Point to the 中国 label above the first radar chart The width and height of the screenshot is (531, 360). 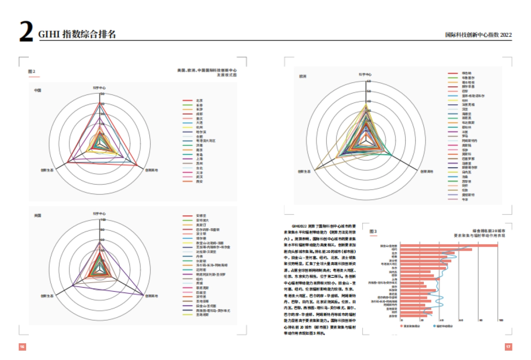pos(38,90)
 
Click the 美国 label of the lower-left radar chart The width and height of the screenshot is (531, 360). pos(38,215)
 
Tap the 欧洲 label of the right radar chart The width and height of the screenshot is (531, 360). pos(303,76)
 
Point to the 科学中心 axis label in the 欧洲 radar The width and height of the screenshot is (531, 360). pos(365,74)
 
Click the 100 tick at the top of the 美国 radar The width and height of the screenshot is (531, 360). pos(103,219)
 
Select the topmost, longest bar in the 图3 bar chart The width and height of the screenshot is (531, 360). pos(449,245)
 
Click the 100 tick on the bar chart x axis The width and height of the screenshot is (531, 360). pos(500,320)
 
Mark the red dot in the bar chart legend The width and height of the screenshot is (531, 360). pos(402,326)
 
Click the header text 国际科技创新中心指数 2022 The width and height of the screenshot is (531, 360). pos(478,34)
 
